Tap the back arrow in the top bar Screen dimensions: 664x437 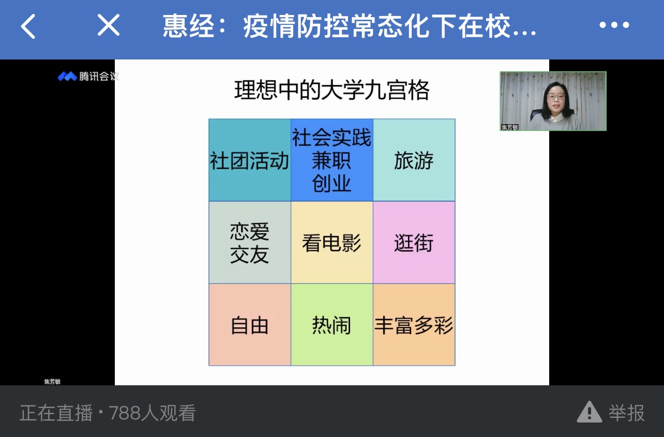28,26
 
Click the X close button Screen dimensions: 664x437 109,25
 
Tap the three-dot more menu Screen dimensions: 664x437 614,25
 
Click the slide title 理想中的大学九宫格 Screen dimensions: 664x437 331,90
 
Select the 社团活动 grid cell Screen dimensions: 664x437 250,160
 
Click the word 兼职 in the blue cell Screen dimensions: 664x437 331,161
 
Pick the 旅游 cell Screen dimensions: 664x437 414,160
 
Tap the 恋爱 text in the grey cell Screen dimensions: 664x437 250,232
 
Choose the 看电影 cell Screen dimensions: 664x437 332,243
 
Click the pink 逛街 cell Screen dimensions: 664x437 414,243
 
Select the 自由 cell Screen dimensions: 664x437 250,325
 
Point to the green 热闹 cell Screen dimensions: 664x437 332,325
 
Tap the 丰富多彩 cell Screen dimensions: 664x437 414,325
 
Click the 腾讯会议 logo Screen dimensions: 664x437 88,76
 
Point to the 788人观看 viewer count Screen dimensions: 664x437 152,413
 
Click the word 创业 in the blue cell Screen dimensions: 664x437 331,184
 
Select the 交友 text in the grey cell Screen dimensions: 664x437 250,254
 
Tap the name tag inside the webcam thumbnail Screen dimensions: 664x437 509,127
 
